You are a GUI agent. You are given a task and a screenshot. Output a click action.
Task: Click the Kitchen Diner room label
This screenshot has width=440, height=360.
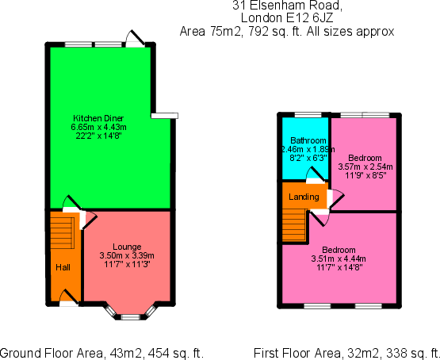pyautogui.click(x=98, y=118)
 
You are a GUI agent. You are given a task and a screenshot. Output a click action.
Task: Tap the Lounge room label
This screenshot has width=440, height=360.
pyautogui.click(x=127, y=247)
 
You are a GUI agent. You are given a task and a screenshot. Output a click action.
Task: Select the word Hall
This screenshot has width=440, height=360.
pyautogui.click(x=63, y=267)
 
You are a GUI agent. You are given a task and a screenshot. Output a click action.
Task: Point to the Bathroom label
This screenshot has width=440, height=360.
pyautogui.click(x=308, y=140)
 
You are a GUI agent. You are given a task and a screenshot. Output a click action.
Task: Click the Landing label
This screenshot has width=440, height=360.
pyautogui.click(x=304, y=197)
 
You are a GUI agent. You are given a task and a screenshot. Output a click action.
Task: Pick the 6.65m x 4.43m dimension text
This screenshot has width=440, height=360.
pyautogui.click(x=98, y=127)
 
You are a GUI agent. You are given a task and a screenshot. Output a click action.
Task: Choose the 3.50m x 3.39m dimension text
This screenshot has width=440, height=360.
pyautogui.click(x=127, y=255)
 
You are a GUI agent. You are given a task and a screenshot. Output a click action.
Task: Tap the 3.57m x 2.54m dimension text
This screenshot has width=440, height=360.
pyautogui.click(x=365, y=167)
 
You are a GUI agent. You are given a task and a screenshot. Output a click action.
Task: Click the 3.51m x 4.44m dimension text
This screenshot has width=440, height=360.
pyautogui.click(x=339, y=259)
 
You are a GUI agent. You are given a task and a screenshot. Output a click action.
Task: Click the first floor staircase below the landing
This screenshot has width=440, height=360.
pyautogui.click(x=294, y=224)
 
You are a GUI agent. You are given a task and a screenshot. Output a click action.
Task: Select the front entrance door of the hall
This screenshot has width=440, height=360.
pyautogui.click(x=69, y=298)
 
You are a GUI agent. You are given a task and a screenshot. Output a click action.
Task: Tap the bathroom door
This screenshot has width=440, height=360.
pyautogui.click(x=316, y=176)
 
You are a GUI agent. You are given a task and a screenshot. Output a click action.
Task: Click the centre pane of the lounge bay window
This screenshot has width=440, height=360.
pyautogui.click(x=130, y=317)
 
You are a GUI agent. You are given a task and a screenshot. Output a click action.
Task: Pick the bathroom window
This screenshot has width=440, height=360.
pyautogui.click(x=308, y=114)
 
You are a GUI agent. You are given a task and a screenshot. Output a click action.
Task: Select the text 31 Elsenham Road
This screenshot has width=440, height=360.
pyautogui.click(x=287, y=6)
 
